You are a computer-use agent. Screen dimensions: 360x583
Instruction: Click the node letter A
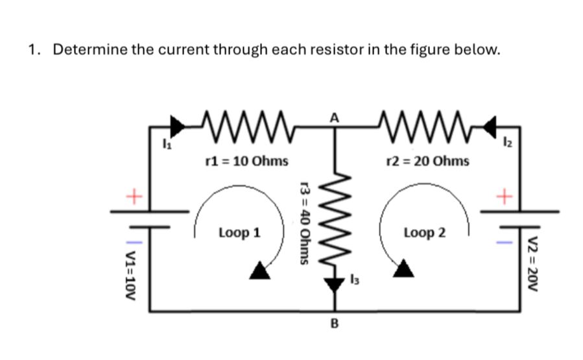click(334, 117)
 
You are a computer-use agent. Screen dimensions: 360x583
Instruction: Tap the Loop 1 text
click(239, 232)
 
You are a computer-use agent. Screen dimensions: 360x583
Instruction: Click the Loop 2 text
click(424, 232)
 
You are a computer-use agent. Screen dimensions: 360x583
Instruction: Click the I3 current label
click(353, 280)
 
